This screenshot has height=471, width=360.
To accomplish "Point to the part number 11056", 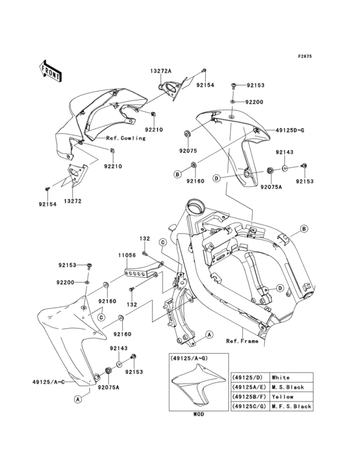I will (x=125, y=255).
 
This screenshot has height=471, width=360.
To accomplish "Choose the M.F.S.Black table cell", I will (x=292, y=406).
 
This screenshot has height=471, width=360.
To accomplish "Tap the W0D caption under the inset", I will (x=198, y=415).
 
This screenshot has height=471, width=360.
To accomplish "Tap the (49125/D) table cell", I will (x=246, y=377).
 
